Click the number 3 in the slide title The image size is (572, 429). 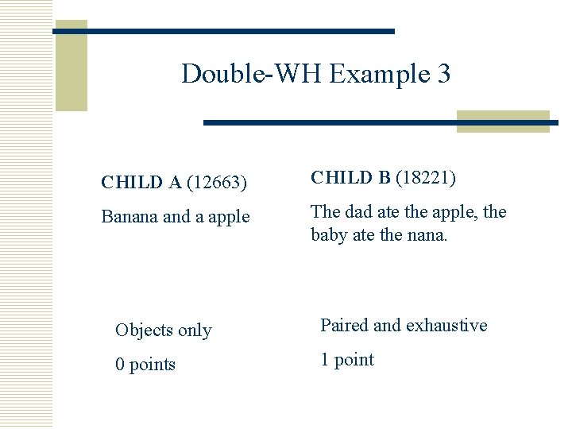point(443,74)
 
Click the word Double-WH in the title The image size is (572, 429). point(252,74)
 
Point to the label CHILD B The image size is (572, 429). point(350,177)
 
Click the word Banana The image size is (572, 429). point(129,217)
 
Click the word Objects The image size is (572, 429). point(145,330)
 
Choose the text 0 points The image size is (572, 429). point(145,365)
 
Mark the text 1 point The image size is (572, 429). point(347,360)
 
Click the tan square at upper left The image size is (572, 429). point(71,65)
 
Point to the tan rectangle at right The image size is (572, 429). point(503,122)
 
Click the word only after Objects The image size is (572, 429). point(195,330)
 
